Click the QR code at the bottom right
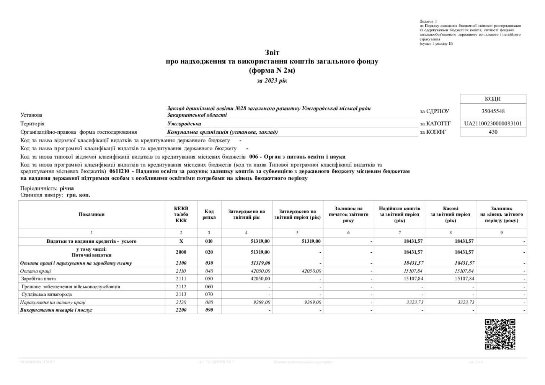(x=500, y=334)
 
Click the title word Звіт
(x=272, y=53)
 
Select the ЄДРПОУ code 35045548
(x=493, y=111)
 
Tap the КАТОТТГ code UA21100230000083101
(x=493, y=123)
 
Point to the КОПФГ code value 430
(x=493, y=132)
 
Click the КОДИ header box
(x=493, y=99)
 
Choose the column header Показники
(x=91, y=214)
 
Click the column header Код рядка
(x=209, y=214)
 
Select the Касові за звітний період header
(x=450, y=214)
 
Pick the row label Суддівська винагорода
(x=46, y=294)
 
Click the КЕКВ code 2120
(x=181, y=302)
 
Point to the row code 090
(x=209, y=310)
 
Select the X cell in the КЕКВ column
(x=181, y=241)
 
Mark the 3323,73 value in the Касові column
(x=466, y=302)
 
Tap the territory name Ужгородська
(x=184, y=123)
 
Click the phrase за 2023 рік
(x=272, y=81)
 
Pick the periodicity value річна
(x=67, y=188)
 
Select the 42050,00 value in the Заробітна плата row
(x=260, y=279)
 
